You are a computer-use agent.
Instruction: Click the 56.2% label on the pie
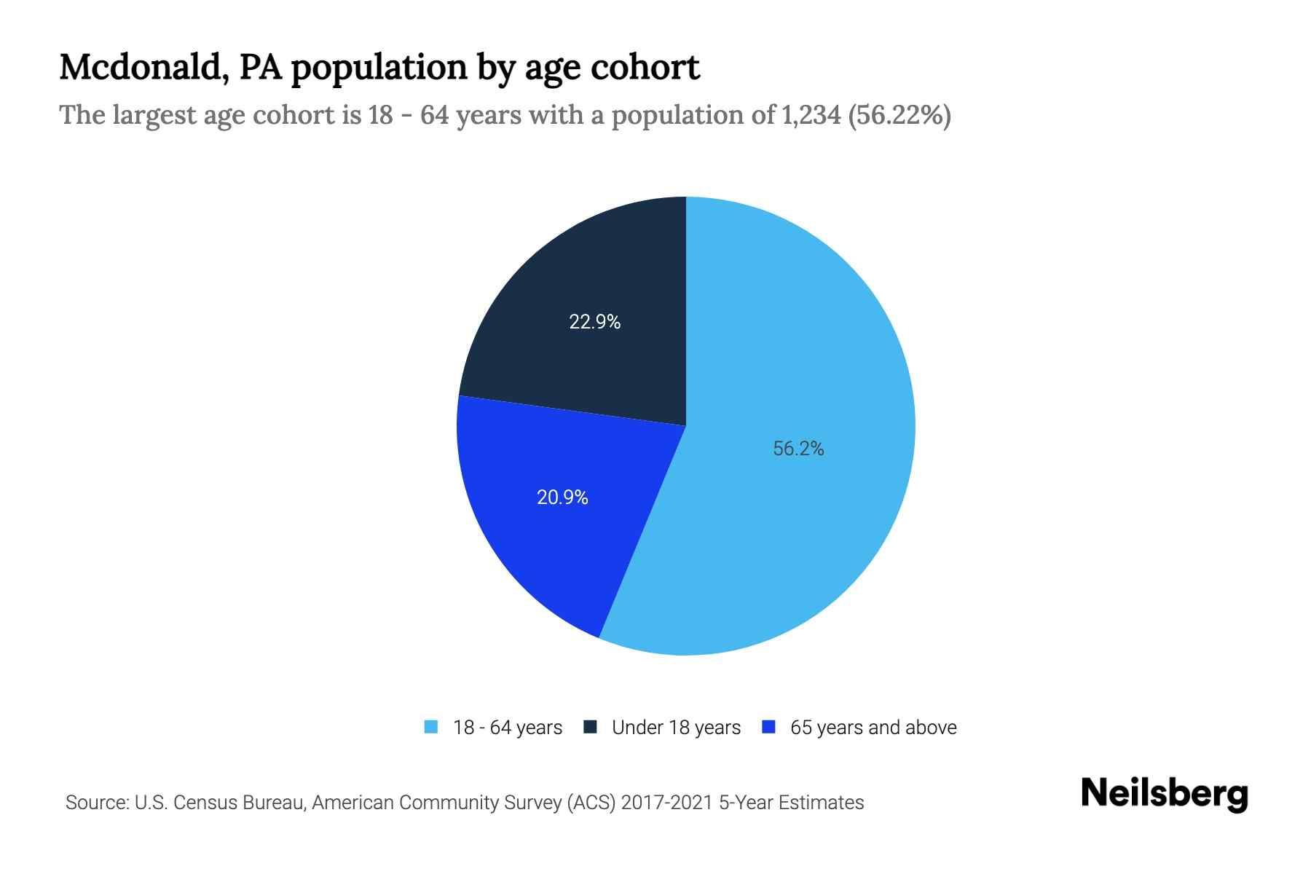click(x=798, y=449)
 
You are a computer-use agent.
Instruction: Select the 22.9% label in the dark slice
click(x=594, y=321)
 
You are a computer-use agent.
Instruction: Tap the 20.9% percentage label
click(x=562, y=497)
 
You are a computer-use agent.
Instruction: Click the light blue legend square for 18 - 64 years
click(x=431, y=727)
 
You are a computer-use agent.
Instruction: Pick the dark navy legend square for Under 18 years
click(x=591, y=727)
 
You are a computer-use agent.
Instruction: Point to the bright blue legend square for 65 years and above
click(x=768, y=727)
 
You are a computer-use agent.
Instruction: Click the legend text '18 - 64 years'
click(x=508, y=728)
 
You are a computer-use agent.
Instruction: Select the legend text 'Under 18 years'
click(x=676, y=728)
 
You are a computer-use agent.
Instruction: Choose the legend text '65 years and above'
click(x=873, y=728)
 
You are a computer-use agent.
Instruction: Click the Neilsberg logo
click(x=1165, y=794)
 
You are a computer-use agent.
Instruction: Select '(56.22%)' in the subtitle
click(x=899, y=115)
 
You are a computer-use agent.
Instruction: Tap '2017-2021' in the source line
click(x=666, y=803)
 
